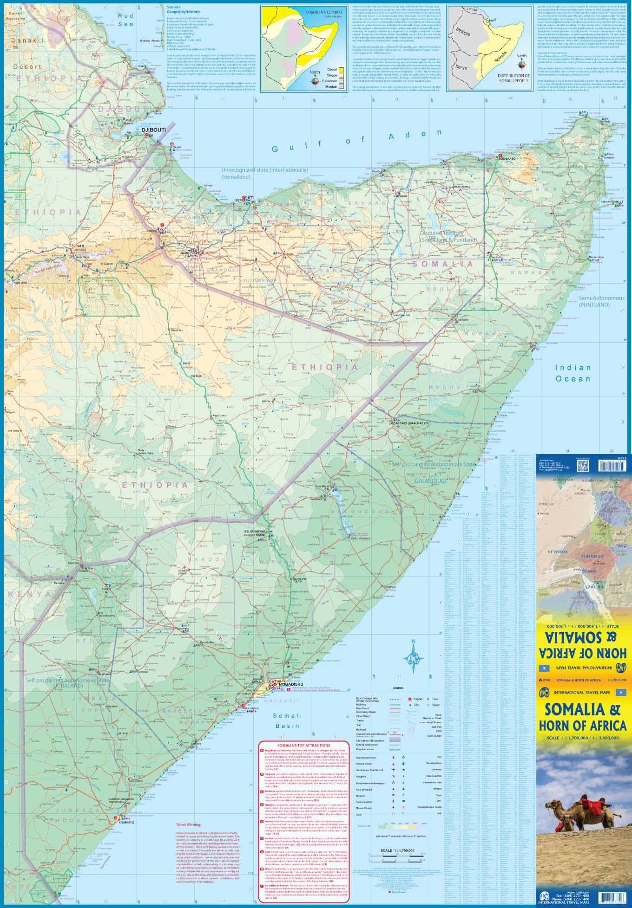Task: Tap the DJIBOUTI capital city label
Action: tap(153, 130)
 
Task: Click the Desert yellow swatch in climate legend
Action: tap(341, 69)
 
